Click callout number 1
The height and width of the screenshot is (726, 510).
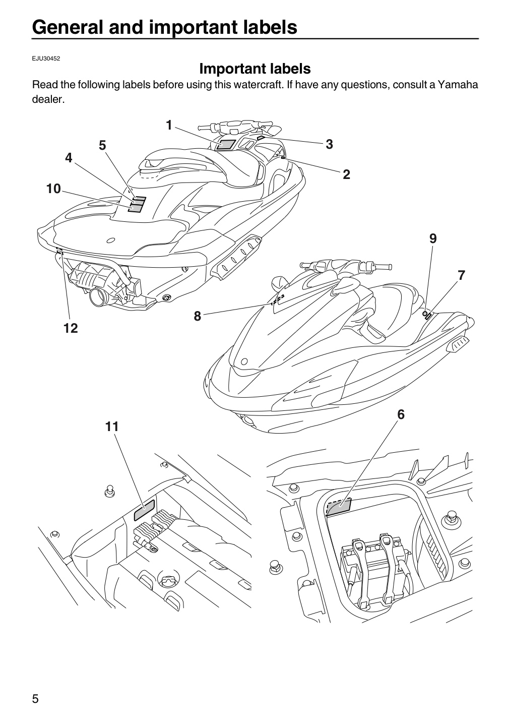click(x=169, y=125)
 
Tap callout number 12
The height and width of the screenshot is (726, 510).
click(x=71, y=328)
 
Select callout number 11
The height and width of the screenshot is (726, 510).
click(x=112, y=427)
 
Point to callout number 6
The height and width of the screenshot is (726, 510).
click(x=401, y=414)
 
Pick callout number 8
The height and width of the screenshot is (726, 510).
click(x=198, y=316)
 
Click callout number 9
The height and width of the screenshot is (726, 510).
click(x=433, y=238)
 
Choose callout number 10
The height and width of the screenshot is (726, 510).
click(x=53, y=189)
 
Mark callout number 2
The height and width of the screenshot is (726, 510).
click(x=346, y=174)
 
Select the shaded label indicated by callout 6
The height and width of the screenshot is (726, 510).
click(x=339, y=507)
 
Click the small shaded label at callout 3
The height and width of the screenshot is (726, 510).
click(x=261, y=138)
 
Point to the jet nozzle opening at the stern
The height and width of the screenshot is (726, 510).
click(x=97, y=297)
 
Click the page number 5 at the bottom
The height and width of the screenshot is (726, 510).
click(x=35, y=698)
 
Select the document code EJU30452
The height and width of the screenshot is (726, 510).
click(x=46, y=58)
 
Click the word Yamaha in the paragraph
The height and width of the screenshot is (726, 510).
click(x=458, y=85)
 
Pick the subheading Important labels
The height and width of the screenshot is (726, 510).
click(x=255, y=69)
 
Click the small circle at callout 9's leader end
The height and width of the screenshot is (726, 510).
click(x=424, y=314)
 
